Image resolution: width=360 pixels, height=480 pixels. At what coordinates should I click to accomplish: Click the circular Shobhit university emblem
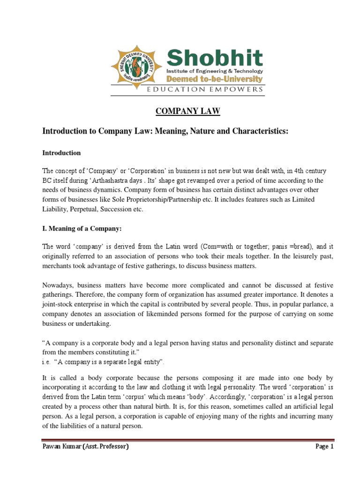tap(136, 68)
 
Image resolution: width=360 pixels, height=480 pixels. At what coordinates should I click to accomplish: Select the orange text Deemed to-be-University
tap(215, 79)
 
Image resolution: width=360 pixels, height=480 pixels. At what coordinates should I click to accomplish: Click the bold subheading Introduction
tap(61, 153)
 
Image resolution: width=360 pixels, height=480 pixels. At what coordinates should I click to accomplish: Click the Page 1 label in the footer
tap(324, 447)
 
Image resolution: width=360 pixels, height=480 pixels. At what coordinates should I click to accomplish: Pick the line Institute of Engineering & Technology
tap(215, 70)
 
